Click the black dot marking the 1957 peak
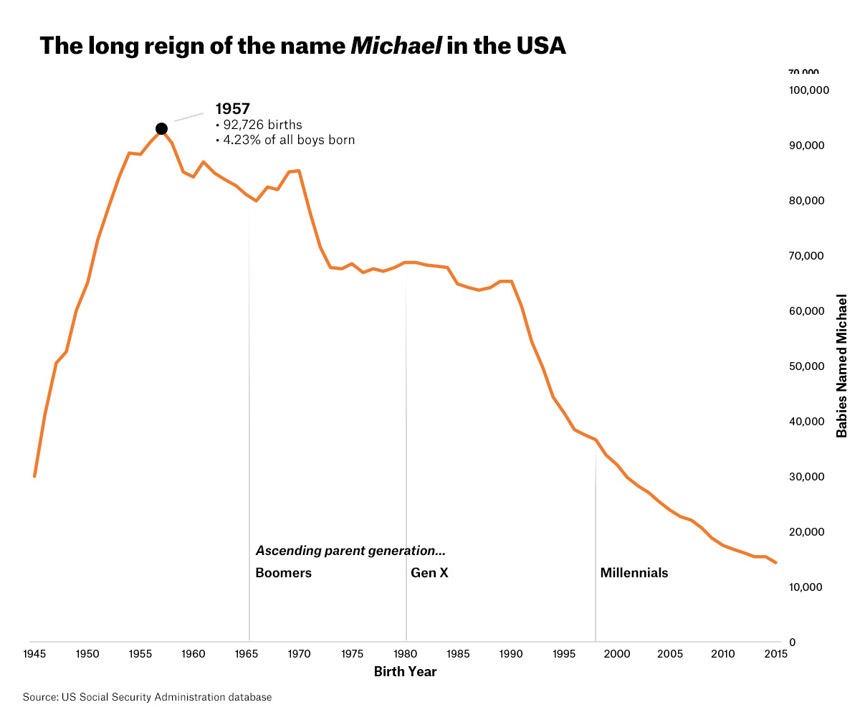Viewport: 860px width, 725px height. pos(161,129)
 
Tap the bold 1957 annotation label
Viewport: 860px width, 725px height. pos(232,109)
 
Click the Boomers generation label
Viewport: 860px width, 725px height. pos(283,573)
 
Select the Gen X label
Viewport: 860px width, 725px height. pos(429,573)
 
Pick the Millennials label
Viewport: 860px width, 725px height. pos(634,573)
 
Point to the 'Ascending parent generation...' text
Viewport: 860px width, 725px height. pos(350,551)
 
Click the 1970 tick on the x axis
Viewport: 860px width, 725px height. pos(299,653)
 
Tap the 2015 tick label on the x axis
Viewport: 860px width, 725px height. pos(775,653)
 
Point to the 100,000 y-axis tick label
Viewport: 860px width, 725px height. pos(808,90)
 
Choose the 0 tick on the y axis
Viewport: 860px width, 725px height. pos(792,643)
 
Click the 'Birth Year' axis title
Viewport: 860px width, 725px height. pos(405,672)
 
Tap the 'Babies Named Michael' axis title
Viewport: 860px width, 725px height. pos(842,366)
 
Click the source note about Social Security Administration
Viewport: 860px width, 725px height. pos(147,697)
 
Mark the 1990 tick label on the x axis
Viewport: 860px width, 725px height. pos(511,653)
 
